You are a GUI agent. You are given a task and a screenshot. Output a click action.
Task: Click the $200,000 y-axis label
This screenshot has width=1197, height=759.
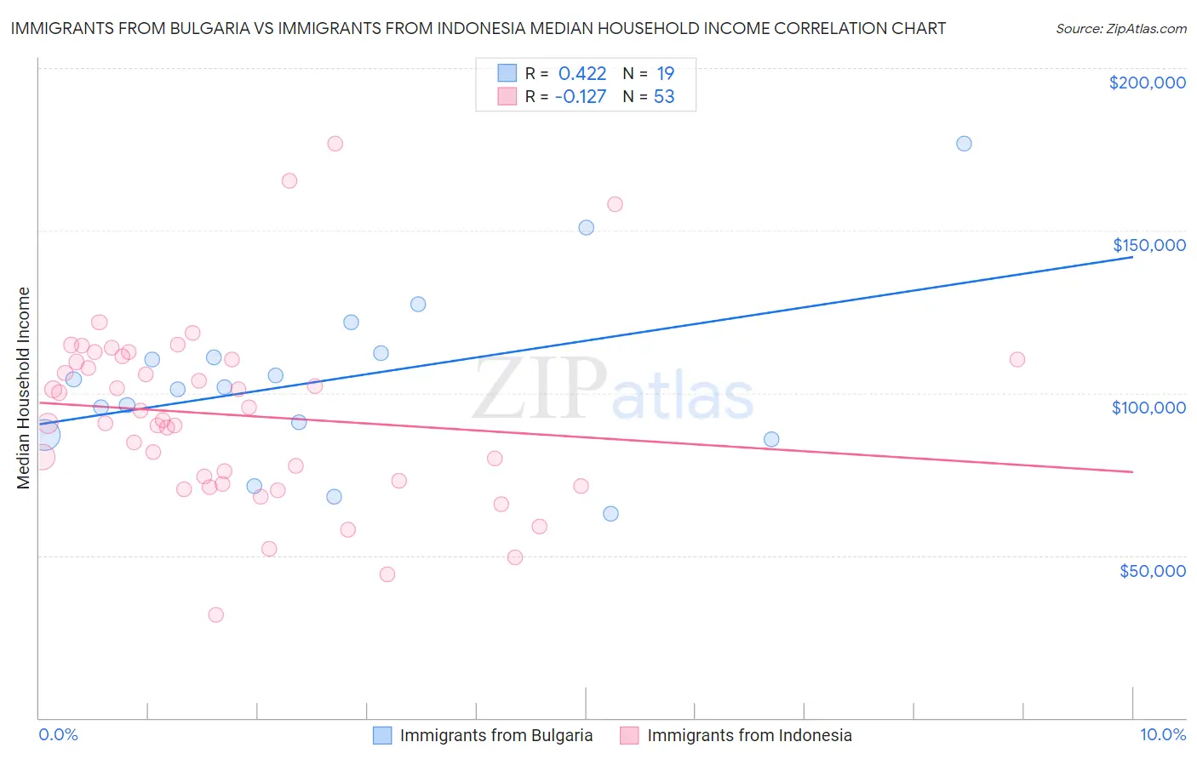tap(1147, 83)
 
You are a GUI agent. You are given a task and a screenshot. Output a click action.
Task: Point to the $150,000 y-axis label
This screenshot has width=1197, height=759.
tap(1148, 245)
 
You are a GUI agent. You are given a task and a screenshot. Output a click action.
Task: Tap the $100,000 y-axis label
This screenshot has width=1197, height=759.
tap(1148, 408)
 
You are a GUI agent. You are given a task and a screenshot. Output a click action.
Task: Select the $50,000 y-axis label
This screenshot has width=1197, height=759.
tap(1152, 570)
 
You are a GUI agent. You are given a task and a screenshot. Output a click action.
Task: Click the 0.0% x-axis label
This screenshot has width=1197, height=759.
tap(58, 734)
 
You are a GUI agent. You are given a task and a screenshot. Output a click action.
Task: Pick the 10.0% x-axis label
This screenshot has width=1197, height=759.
tap(1162, 734)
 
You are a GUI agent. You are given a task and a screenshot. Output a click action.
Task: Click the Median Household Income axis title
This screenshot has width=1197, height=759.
tap(24, 388)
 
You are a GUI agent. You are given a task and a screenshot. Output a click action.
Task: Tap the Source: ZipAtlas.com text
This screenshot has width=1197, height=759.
tap(1120, 29)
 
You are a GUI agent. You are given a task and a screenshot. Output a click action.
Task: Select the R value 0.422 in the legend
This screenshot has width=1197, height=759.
tap(582, 73)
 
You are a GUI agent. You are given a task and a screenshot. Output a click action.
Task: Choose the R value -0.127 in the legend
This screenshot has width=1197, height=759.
tap(581, 96)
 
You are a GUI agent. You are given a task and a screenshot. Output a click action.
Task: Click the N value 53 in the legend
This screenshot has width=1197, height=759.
tap(664, 96)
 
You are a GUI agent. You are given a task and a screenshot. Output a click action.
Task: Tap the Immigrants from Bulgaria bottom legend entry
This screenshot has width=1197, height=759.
tap(484, 735)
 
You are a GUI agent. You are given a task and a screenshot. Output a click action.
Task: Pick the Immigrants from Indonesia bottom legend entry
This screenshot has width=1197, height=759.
tap(736, 735)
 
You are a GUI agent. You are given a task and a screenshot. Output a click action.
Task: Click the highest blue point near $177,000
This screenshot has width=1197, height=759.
tap(964, 143)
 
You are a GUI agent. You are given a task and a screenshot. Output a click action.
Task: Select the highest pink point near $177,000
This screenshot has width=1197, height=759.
tap(335, 143)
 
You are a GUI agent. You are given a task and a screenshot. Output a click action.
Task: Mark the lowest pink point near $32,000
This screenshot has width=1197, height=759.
tap(216, 614)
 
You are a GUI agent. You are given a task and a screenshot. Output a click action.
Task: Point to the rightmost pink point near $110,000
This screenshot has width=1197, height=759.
tap(1017, 359)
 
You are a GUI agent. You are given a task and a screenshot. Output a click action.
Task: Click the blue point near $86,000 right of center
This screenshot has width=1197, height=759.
tap(771, 439)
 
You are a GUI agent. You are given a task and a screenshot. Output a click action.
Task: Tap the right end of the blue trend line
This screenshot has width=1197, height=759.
tap(1132, 256)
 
